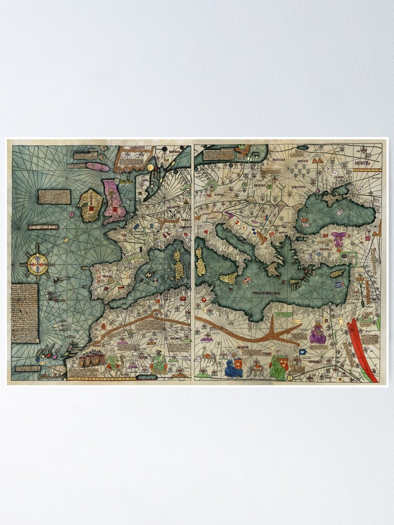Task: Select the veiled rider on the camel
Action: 113,363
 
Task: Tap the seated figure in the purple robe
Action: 317,334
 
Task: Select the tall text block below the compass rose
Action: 25,313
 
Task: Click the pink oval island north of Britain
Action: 98,167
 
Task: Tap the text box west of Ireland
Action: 55,197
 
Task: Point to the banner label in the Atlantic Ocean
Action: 43,227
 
